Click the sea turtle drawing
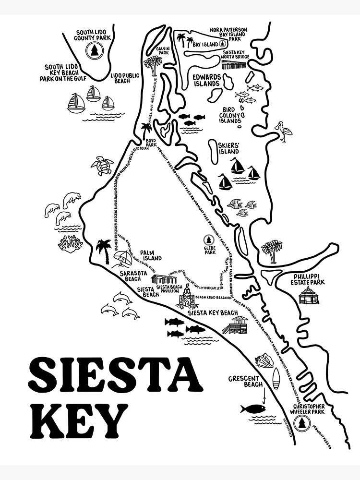coord(102,165)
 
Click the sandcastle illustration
coord(187,298)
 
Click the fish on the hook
coord(253,409)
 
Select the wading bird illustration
coord(284,131)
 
